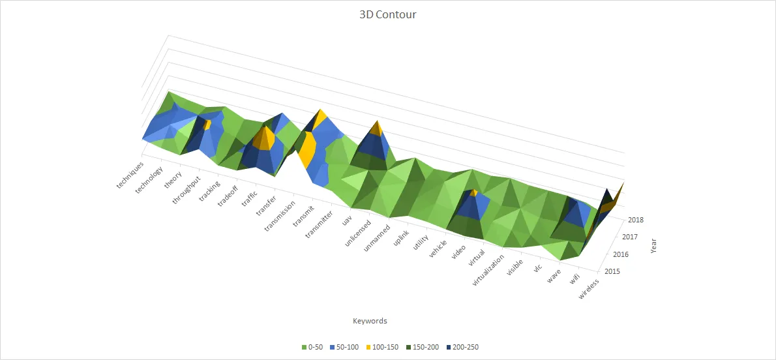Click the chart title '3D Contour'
pyautogui.click(x=387, y=14)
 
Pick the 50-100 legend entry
pyautogui.click(x=346, y=347)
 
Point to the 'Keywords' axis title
pyautogui.click(x=370, y=321)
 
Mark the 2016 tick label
pyautogui.click(x=621, y=254)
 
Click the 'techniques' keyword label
pyautogui.click(x=129, y=175)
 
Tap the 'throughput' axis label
pyautogui.click(x=187, y=190)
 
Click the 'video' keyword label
pyautogui.click(x=458, y=248)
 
